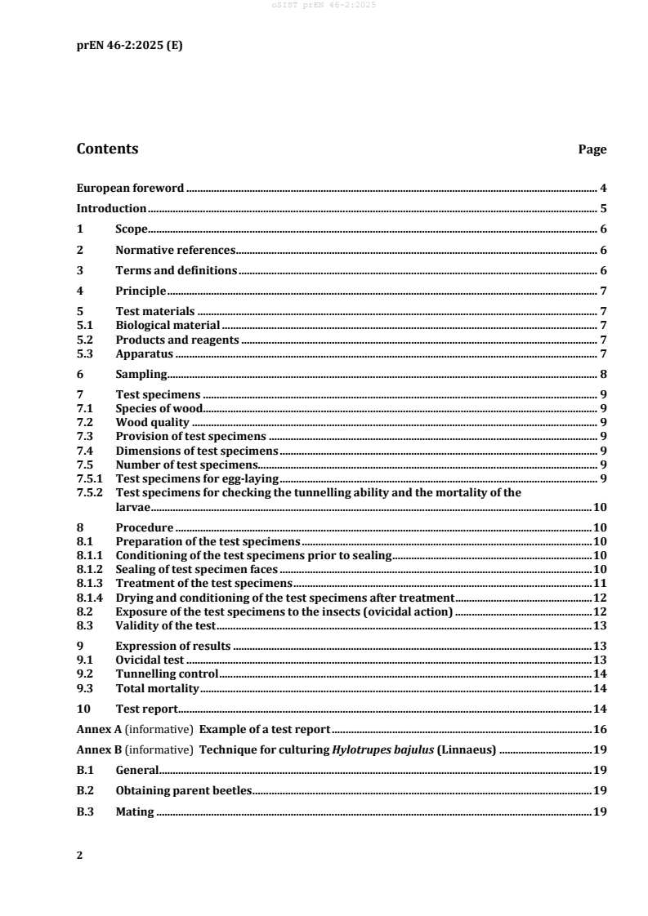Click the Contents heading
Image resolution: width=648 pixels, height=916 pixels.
point(107,149)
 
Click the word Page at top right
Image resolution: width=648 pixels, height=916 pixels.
point(592,150)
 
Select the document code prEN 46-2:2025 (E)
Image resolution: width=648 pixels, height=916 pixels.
point(129,46)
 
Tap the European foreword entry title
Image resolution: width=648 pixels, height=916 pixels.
point(130,189)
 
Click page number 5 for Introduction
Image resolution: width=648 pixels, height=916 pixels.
point(602,209)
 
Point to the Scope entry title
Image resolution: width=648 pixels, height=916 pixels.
point(131,229)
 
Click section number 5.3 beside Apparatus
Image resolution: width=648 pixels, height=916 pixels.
point(85,355)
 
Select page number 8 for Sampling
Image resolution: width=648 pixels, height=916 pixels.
point(602,375)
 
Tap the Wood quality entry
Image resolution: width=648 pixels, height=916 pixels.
point(152,423)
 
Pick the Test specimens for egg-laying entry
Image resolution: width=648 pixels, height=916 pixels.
point(197,478)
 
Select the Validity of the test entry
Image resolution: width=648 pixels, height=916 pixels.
point(165,625)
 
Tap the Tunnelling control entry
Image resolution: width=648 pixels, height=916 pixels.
point(167,674)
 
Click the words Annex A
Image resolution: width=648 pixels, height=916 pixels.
point(99,729)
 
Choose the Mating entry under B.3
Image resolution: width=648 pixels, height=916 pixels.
point(135,812)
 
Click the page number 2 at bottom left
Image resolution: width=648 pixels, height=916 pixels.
point(79,856)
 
